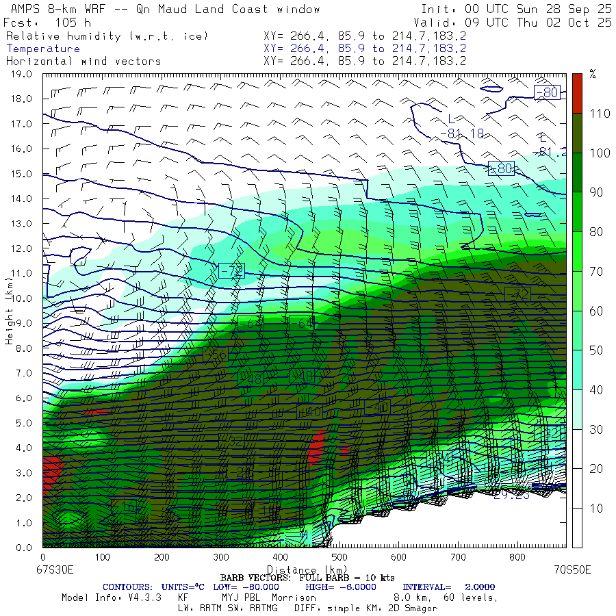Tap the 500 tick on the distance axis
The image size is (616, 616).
[x=339, y=559]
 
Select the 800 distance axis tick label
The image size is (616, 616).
[x=517, y=559]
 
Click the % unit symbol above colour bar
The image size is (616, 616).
[x=593, y=75]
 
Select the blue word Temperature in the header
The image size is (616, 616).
[x=43, y=49]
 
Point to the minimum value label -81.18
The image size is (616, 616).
[x=462, y=133]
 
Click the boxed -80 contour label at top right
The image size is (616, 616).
[x=547, y=92]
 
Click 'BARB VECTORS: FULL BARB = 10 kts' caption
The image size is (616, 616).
[x=307, y=578]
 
